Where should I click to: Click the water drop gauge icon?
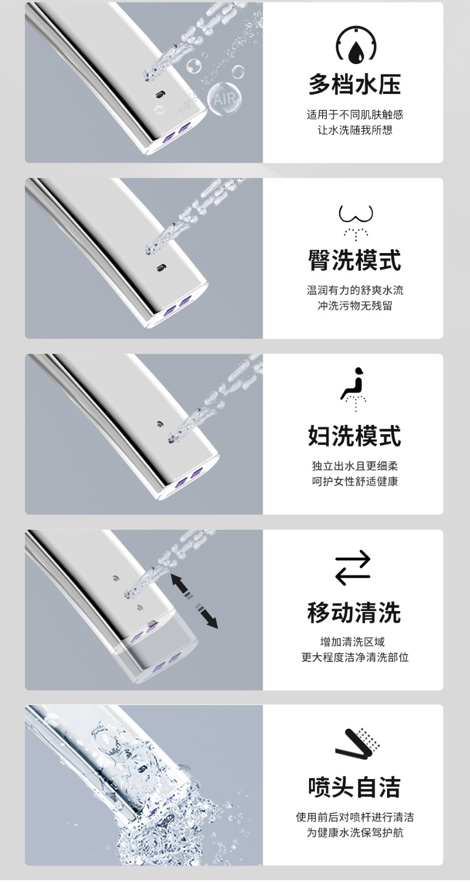click(356, 45)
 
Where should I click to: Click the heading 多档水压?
click(354, 84)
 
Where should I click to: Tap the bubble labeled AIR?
click(224, 99)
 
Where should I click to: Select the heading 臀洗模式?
click(354, 260)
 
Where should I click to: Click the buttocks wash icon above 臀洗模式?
click(356, 222)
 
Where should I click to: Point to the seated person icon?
click(354, 389)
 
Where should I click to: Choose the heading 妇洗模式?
click(354, 436)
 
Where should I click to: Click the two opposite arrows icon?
click(353, 567)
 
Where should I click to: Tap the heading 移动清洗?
click(354, 612)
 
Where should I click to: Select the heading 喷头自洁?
click(354, 787)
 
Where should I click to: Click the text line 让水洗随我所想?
click(355, 130)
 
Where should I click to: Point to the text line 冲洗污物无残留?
click(355, 306)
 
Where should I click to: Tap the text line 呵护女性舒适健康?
click(355, 481)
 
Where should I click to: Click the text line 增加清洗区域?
click(352, 642)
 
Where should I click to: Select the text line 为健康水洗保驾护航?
click(355, 833)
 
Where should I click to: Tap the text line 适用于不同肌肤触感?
click(355, 115)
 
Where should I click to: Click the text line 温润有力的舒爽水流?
click(355, 291)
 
